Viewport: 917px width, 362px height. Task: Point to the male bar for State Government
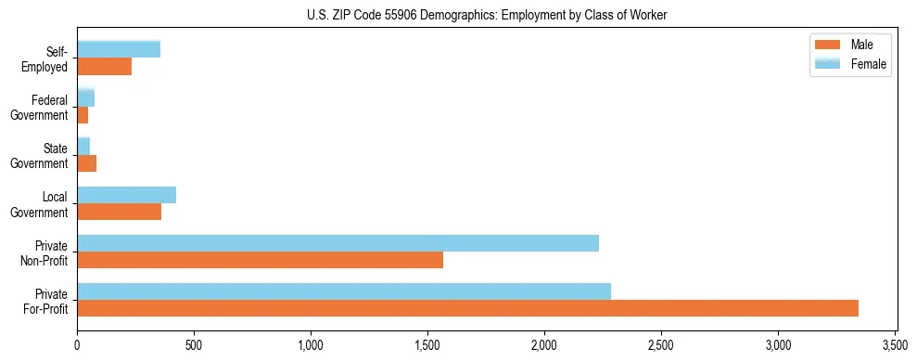pos(86,163)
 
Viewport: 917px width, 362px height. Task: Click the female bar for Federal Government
pos(85,98)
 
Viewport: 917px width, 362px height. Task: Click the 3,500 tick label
pos(895,345)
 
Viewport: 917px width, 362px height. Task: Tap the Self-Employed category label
pos(46,59)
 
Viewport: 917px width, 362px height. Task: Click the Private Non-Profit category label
pos(45,252)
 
